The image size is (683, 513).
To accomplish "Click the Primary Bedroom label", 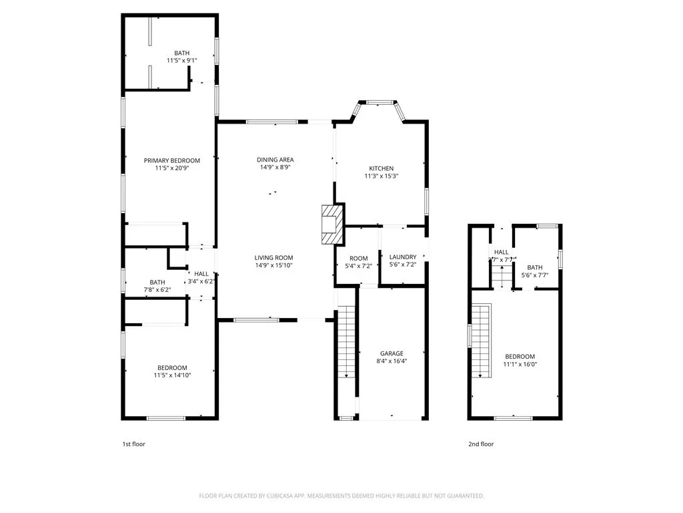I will point(172,160).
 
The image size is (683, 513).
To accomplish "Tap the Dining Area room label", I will point(275,160).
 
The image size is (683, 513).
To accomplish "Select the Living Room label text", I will point(273,258).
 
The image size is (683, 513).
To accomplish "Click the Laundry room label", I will point(403,257).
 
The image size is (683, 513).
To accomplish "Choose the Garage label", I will point(392,353).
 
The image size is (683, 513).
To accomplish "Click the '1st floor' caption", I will point(133,444).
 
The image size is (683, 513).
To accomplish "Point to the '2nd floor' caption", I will point(480,444).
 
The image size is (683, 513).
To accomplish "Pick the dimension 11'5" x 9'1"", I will point(181,61).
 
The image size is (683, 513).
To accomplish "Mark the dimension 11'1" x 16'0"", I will point(520,365).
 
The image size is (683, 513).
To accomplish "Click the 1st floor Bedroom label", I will point(172,367).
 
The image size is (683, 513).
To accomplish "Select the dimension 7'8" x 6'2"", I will point(157,290).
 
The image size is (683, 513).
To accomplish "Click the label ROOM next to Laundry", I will point(358,258).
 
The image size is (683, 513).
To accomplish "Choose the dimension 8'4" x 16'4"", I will point(392,361).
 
